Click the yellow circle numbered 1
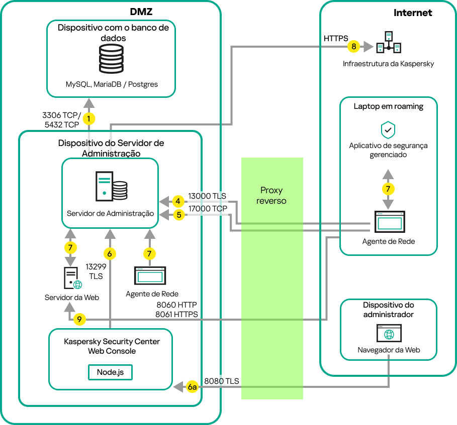89,119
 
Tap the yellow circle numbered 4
178,202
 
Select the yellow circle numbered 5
178,215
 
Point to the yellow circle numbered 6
109,253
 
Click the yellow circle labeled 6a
192,387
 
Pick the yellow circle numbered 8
354,46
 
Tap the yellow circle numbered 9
79,319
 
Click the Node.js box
110,372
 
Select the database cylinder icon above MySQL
111,59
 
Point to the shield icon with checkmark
388,130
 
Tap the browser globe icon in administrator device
388,334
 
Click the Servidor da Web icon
72,278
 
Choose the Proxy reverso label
272,196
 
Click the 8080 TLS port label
221,381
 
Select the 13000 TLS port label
207,196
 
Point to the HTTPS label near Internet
336,38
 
